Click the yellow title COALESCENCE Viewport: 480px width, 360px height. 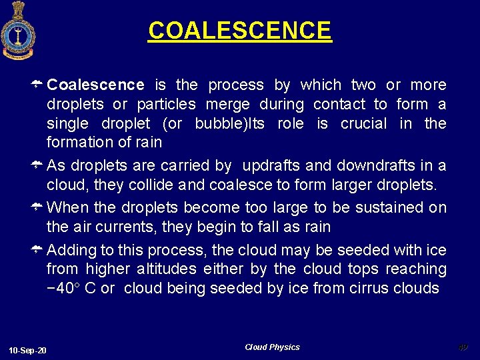tap(239, 31)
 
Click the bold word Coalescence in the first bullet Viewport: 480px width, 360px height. tap(95, 85)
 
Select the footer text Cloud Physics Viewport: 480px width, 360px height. tap(272, 347)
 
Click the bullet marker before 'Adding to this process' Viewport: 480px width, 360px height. tap(39, 249)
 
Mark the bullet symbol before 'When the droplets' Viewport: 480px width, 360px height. tap(39, 207)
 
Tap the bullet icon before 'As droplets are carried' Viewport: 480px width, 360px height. tap(39, 165)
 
